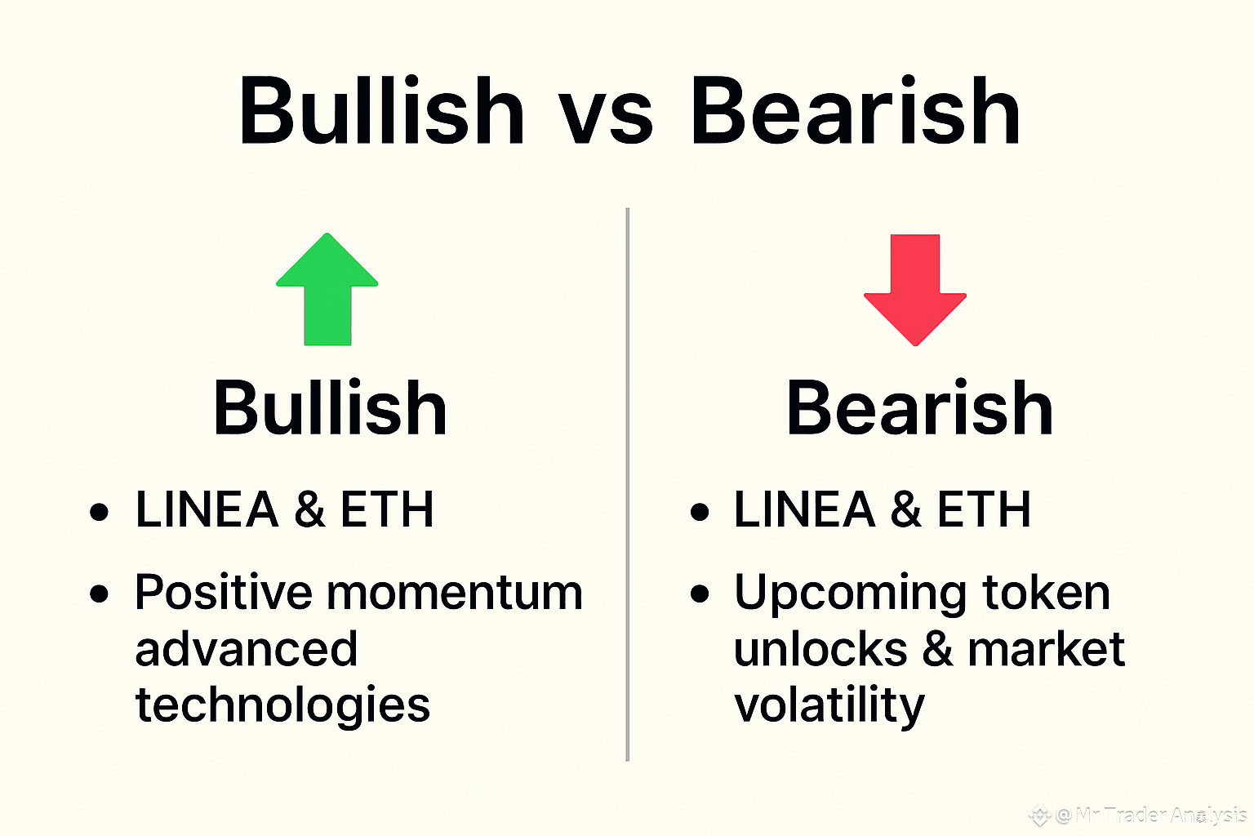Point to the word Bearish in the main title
click(856, 109)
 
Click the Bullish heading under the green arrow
click(330, 407)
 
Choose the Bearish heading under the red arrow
click(919, 407)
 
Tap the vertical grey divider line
click(628, 484)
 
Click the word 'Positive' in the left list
click(224, 592)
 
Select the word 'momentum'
click(455, 594)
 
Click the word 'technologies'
click(282, 705)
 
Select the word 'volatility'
click(829, 705)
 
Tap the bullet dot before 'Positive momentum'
click(99, 594)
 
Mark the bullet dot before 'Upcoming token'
click(700, 594)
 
